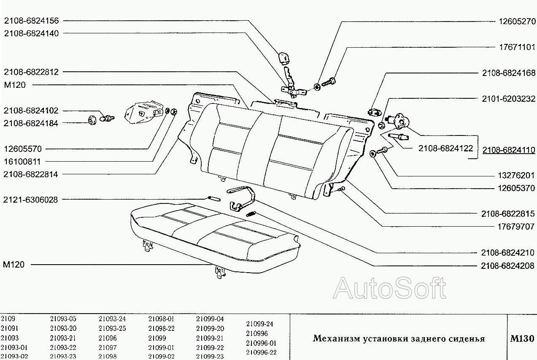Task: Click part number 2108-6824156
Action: [x=31, y=21]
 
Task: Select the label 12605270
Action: [x=517, y=22]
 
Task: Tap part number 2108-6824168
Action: [x=509, y=73]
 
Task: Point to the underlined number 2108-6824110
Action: [x=509, y=150]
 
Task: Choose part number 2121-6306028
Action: [x=30, y=200]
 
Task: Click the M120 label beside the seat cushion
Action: [x=13, y=265]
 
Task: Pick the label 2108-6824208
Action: [x=508, y=266]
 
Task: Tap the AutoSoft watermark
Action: [x=389, y=288]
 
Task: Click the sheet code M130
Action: [x=522, y=338]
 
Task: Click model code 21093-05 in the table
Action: [x=63, y=319]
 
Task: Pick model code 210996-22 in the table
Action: [x=261, y=352]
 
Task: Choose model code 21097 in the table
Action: [x=108, y=347]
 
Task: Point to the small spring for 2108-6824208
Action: [x=251, y=214]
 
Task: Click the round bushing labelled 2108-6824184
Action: [x=92, y=120]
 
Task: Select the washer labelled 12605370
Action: [x=372, y=154]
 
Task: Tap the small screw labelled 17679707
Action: [x=341, y=189]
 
